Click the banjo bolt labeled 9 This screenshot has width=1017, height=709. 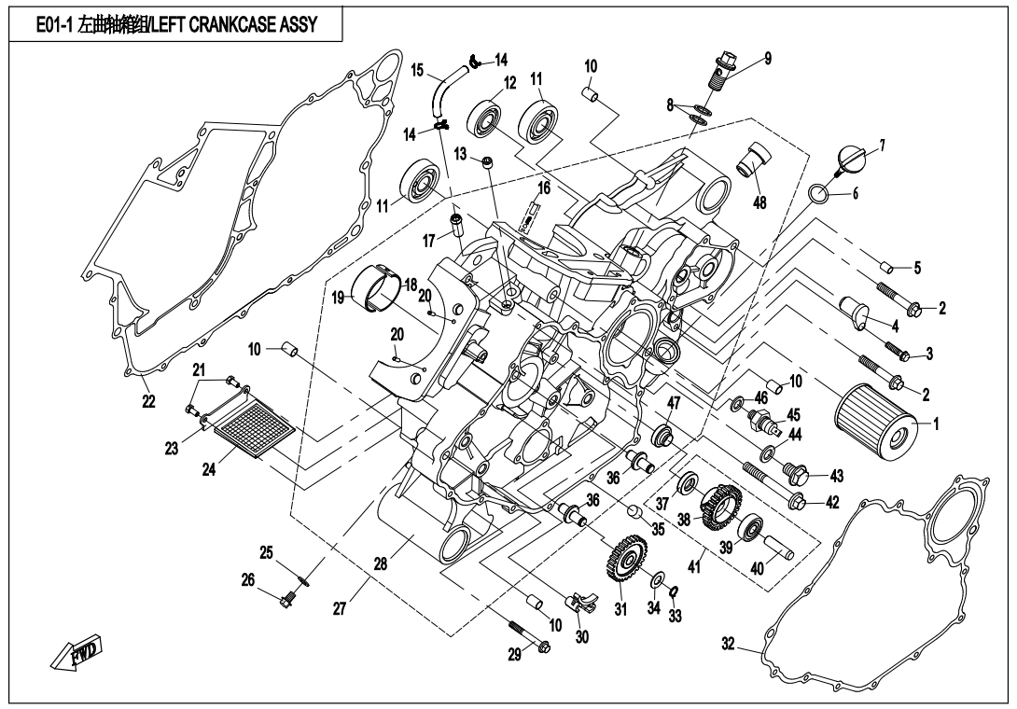click(724, 73)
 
